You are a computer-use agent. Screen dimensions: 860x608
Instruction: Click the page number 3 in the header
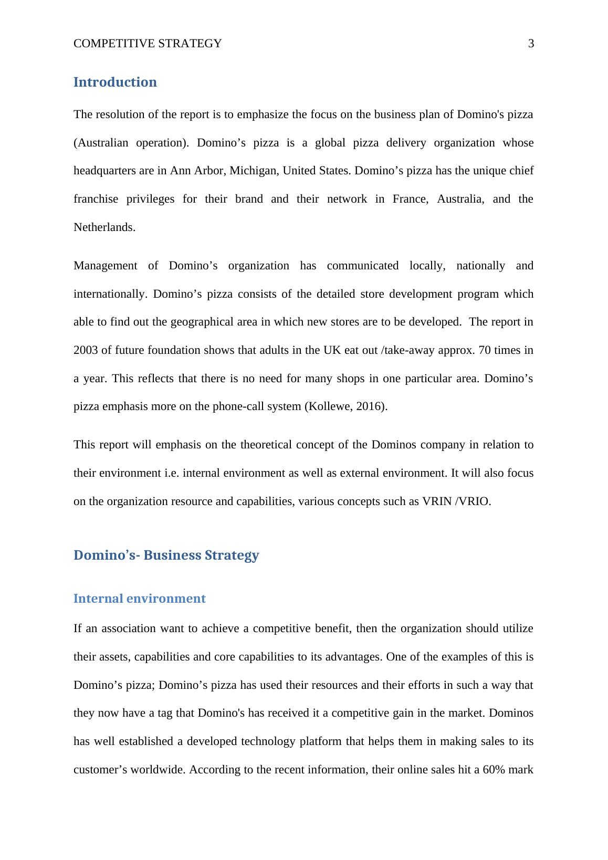[x=531, y=44]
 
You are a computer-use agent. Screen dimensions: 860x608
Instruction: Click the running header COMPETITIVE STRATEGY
[x=148, y=44]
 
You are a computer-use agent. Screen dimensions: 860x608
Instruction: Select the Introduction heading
[x=115, y=82]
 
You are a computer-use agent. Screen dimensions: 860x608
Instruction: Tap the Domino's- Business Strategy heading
[x=166, y=555]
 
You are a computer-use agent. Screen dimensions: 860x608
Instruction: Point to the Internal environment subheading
[x=139, y=599]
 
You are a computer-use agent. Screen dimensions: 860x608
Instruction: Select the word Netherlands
[x=104, y=227]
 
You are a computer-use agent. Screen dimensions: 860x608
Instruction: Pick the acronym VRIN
[x=437, y=501]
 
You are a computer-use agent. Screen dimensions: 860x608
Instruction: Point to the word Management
[x=105, y=266]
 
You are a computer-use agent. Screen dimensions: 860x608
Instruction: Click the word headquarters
[x=104, y=171]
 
